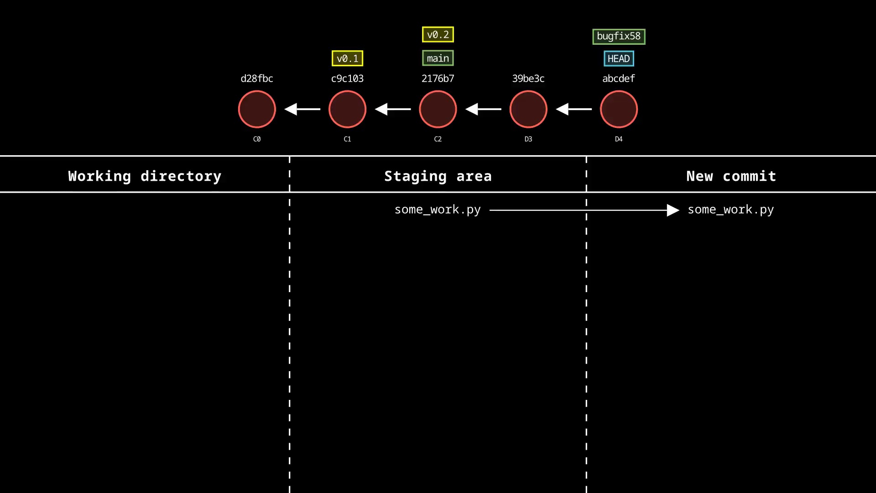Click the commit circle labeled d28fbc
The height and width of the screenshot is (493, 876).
click(257, 109)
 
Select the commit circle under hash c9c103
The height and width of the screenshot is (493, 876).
click(347, 109)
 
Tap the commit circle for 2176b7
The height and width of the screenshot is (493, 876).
click(438, 109)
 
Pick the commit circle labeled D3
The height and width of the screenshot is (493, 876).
click(528, 109)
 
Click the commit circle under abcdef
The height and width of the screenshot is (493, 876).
click(618, 109)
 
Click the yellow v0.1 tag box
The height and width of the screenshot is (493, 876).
click(347, 58)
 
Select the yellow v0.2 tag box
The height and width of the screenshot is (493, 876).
click(438, 35)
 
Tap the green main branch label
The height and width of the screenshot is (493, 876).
click(438, 58)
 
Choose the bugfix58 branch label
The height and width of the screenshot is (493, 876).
click(618, 36)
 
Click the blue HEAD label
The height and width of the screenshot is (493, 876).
click(618, 58)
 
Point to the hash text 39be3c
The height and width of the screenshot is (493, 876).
click(528, 79)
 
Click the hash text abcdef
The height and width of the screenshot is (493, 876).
click(618, 79)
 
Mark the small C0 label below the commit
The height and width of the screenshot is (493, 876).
click(257, 139)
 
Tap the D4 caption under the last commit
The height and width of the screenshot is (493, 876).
click(618, 139)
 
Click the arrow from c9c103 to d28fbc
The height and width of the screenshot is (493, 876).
click(302, 109)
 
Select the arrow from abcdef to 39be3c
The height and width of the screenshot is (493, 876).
click(574, 109)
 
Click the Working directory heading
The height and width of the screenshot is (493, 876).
click(145, 176)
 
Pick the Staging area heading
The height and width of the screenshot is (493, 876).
click(438, 176)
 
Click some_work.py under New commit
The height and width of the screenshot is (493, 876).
click(730, 210)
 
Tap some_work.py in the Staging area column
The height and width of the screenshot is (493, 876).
click(438, 210)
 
